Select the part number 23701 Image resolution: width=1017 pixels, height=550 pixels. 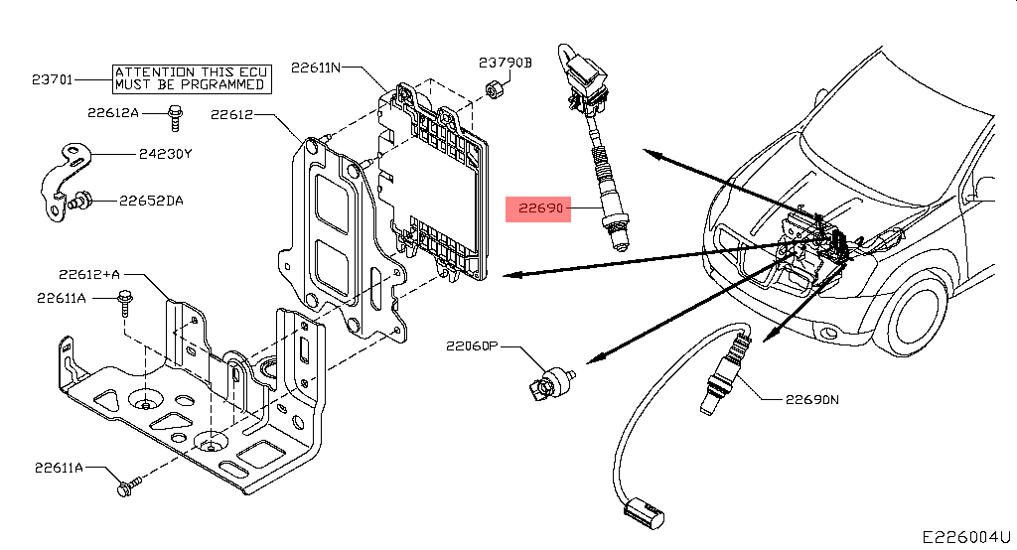point(52,78)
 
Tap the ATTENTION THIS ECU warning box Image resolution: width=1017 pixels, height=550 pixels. point(189,78)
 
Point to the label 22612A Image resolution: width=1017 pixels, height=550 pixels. point(112,113)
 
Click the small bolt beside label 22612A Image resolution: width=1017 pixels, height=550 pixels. point(176,117)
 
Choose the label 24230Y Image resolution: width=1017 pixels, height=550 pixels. point(167,155)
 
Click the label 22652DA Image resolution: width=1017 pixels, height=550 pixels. point(151,201)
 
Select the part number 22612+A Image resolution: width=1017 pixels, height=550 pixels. point(88,275)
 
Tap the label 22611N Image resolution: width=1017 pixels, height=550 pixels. point(316,68)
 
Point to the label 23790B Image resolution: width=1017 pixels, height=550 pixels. point(506,63)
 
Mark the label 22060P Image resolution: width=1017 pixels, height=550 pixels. point(471,346)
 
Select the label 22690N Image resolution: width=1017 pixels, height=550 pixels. point(812,400)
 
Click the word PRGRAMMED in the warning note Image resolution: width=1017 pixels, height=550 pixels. point(217,85)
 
